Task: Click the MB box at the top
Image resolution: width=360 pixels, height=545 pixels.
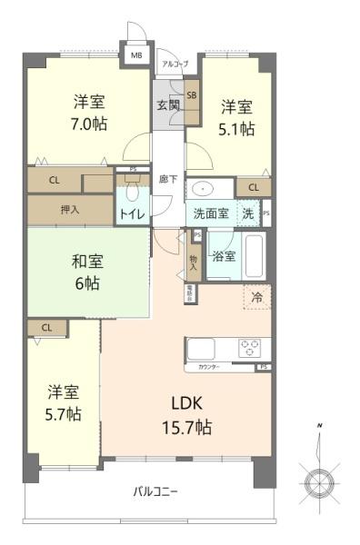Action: pos(136,55)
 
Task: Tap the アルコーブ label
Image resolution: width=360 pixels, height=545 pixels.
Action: pos(174,64)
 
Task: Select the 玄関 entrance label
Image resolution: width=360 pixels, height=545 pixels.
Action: pos(167,105)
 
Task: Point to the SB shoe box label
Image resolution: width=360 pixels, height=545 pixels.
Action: pos(192,94)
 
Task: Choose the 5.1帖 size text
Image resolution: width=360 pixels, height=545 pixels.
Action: pos(235,128)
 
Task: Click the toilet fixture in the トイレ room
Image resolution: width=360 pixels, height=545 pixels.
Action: pos(133,192)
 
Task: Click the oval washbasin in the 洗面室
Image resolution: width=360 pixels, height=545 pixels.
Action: pos(202,189)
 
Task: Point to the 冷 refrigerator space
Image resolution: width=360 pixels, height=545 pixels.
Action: pos(255,296)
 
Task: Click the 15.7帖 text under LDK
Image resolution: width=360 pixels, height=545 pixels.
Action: pos(188,426)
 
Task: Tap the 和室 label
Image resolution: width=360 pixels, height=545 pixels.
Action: pos(87,263)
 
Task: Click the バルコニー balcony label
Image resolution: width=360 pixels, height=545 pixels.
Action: pos(155,491)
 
